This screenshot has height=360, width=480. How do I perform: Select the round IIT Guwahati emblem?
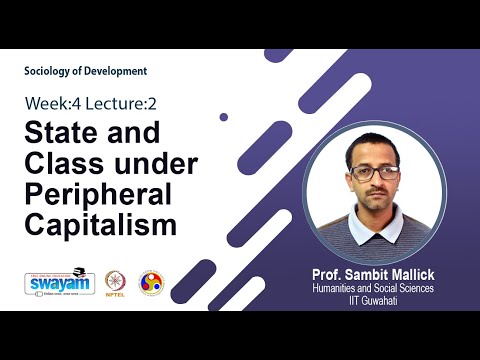150,282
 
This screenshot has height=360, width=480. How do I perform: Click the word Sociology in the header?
52,71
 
